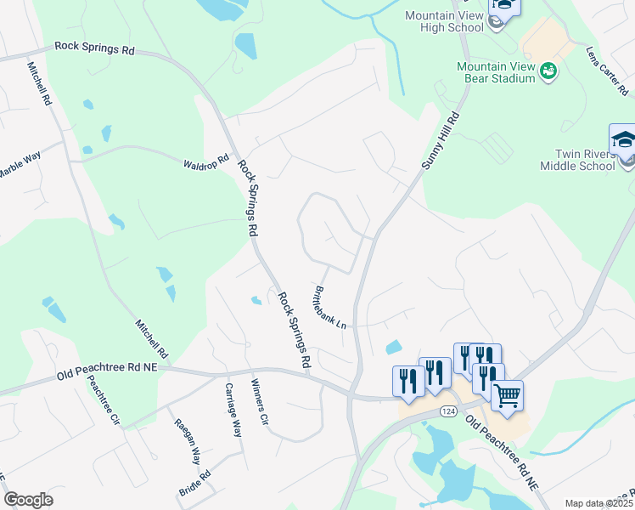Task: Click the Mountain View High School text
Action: [444, 21]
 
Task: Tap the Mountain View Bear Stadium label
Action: [496, 72]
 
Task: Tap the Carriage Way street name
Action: [233, 410]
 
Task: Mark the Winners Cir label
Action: [259, 402]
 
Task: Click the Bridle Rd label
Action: [194, 484]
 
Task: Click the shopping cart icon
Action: [507, 395]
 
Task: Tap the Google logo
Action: [28, 500]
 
